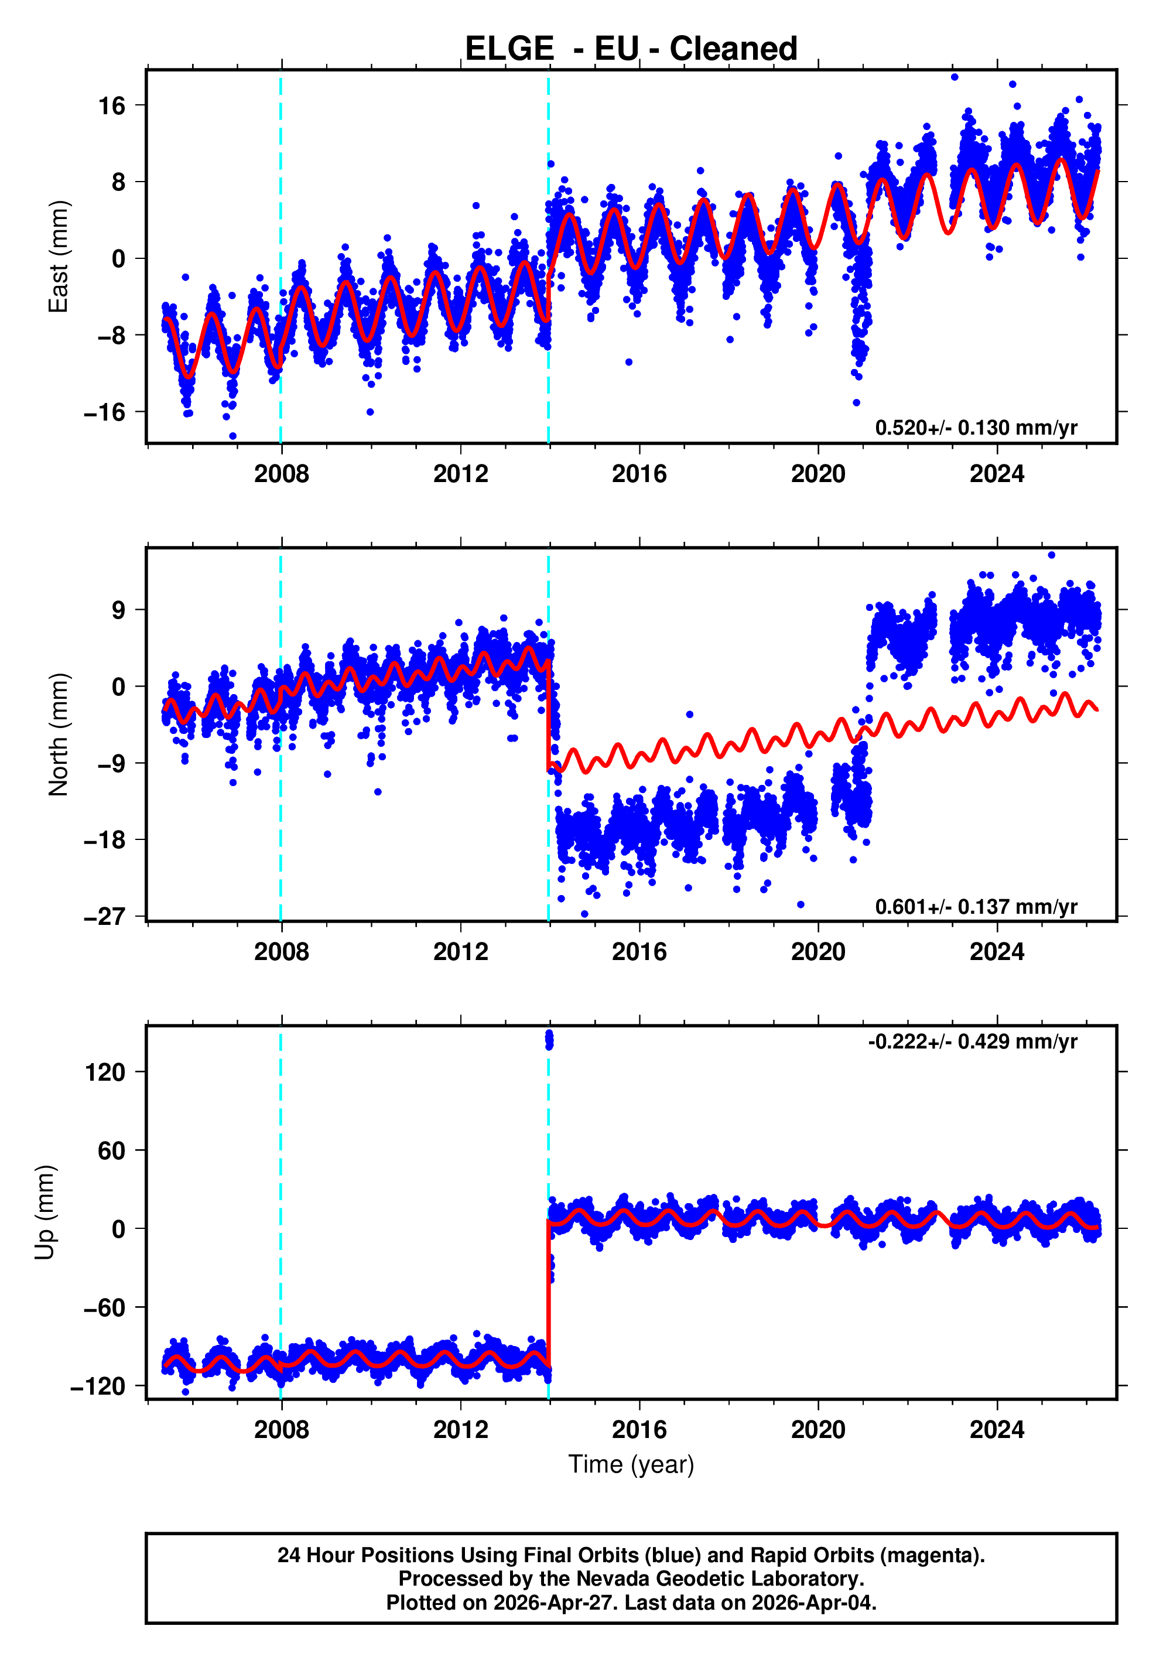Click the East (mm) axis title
coord(58,257)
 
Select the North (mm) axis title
coord(58,735)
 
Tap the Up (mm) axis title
coord(45,1212)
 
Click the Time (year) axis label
coord(631,1464)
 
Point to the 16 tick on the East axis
coord(112,106)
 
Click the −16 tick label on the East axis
coord(105,413)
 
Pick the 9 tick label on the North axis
coord(118,610)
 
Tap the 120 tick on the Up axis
coord(105,1072)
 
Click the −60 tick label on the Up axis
coord(105,1308)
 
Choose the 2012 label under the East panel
coord(460,474)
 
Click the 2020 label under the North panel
coord(817,952)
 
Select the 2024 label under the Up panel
coord(997,1430)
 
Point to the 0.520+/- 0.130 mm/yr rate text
coord(976,428)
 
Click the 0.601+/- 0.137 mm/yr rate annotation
coord(976,907)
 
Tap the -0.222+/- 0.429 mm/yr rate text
coord(972,1042)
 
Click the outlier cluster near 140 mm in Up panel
coord(549,1040)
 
